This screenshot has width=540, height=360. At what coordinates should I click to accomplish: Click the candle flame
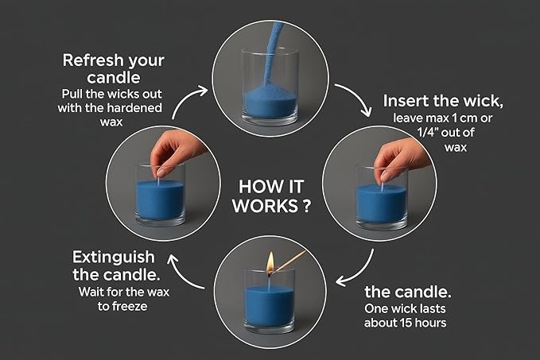click(x=270, y=261)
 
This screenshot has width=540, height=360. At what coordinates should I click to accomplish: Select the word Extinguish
click(x=114, y=258)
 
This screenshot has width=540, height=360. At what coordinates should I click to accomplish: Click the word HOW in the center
click(x=254, y=187)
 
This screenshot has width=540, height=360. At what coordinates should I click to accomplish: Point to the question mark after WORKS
click(x=306, y=206)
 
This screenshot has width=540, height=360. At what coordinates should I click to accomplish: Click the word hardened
click(x=136, y=108)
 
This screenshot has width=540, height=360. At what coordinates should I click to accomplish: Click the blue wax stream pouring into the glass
click(x=272, y=52)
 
